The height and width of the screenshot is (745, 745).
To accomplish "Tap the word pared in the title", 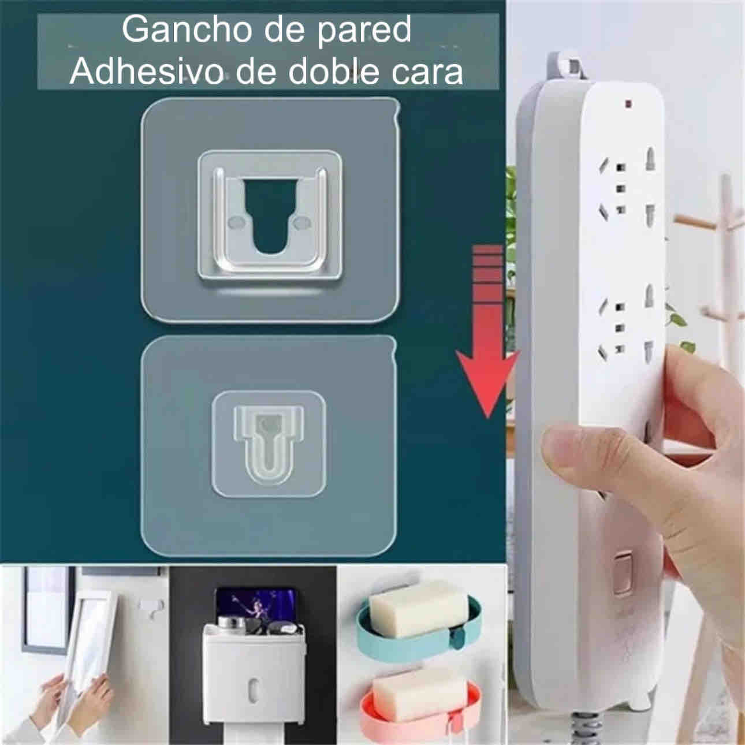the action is (x=364, y=32).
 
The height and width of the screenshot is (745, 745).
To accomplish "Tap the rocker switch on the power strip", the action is (x=623, y=572).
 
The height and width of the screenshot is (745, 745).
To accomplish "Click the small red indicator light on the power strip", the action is (x=628, y=103).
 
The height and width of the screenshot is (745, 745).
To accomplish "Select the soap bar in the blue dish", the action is (x=418, y=613).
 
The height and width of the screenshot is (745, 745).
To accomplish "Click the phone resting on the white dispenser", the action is (x=259, y=608).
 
